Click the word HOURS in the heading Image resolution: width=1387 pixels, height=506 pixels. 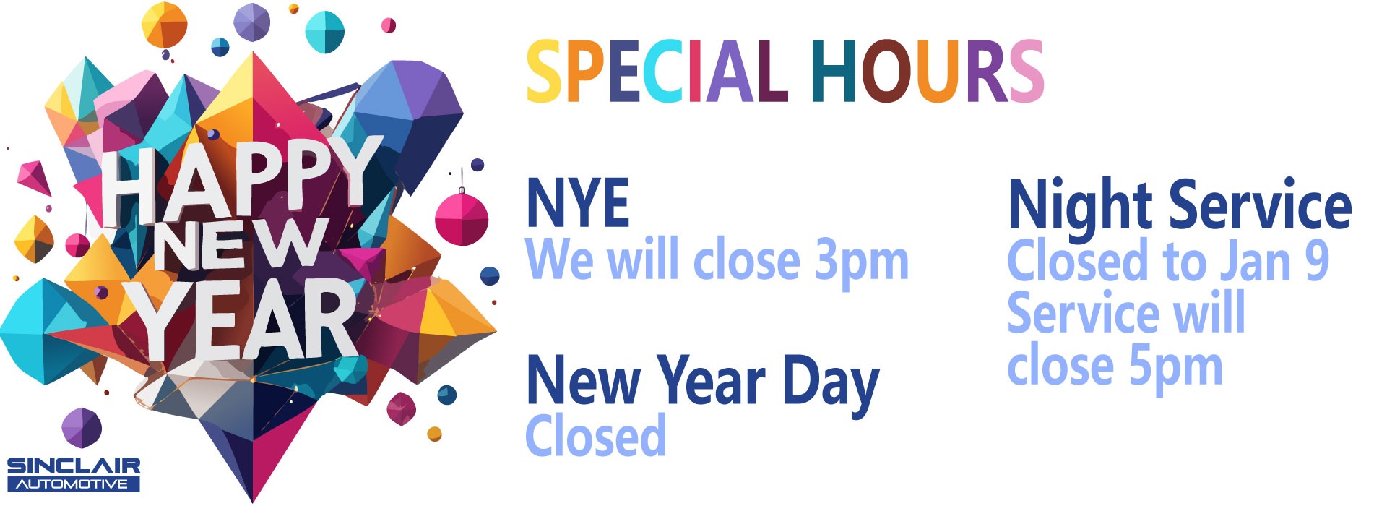pyautogui.click(x=927, y=72)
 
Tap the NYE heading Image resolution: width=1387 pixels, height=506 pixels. pyautogui.click(x=578, y=204)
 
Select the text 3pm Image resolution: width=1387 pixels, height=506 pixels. pyautogui.click(x=861, y=262)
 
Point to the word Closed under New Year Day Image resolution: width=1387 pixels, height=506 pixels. pyautogui.click(x=596, y=436)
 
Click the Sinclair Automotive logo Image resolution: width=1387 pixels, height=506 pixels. pyautogui.click(x=73, y=474)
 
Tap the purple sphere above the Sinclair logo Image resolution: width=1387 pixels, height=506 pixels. pyautogui.click(x=82, y=427)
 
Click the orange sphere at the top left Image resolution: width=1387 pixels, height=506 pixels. pyautogui.click(x=164, y=25)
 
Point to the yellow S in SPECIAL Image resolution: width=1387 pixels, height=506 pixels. pyautogui.click(x=544, y=72)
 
